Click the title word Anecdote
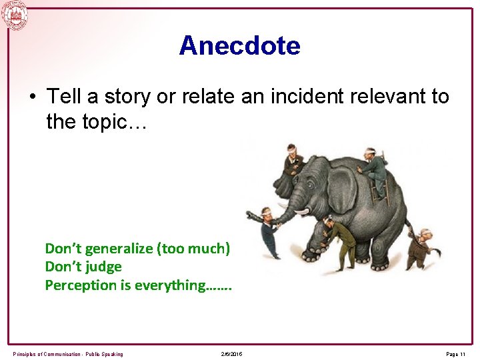coord(239,46)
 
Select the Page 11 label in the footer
coord(456,354)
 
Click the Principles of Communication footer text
coord(67,354)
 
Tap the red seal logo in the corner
coord(15,15)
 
